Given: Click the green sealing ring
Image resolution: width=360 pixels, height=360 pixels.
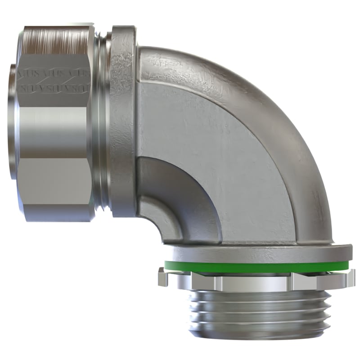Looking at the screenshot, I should (256, 267).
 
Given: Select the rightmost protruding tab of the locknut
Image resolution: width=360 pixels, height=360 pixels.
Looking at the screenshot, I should (349, 277).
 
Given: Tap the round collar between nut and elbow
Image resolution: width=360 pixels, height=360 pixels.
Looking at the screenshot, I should (122, 121).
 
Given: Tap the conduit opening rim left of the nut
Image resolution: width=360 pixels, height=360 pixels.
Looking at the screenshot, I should (13, 121).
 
